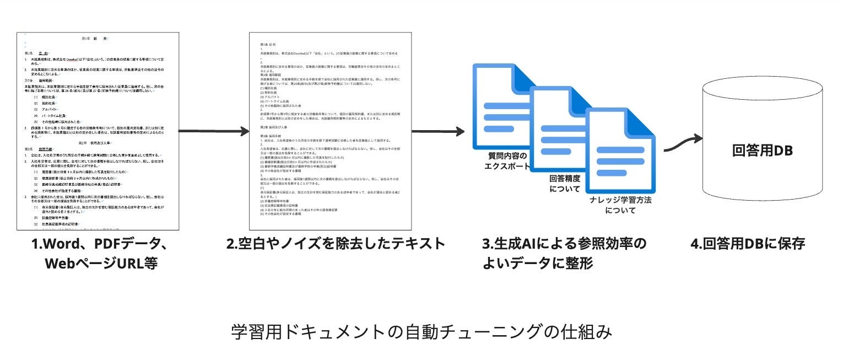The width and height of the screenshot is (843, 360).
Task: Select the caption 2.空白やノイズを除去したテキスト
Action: click(x=335, y=244)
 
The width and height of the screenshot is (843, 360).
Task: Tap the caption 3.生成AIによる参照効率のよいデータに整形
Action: click(x=564, y=253)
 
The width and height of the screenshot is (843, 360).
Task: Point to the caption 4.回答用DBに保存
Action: click(x=748, y=244)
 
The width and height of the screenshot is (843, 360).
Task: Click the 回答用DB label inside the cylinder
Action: click(x=762, y=150)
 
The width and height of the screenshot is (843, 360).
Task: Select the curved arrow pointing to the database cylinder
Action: click(x=681, y=146)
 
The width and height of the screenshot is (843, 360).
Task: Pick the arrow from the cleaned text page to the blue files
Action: click(x=438, y=131)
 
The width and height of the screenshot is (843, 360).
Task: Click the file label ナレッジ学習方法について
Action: click(x=620, y=205)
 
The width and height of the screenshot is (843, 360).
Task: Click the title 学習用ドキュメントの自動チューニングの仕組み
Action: click(x=422, y=332)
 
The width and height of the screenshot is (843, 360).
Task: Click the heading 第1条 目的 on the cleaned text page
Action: click(x=270, y=43)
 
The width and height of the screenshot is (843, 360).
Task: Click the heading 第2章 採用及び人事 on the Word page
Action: click(x=96, y=143)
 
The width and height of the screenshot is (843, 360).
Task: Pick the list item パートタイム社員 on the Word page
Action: click(x=57, y=116)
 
